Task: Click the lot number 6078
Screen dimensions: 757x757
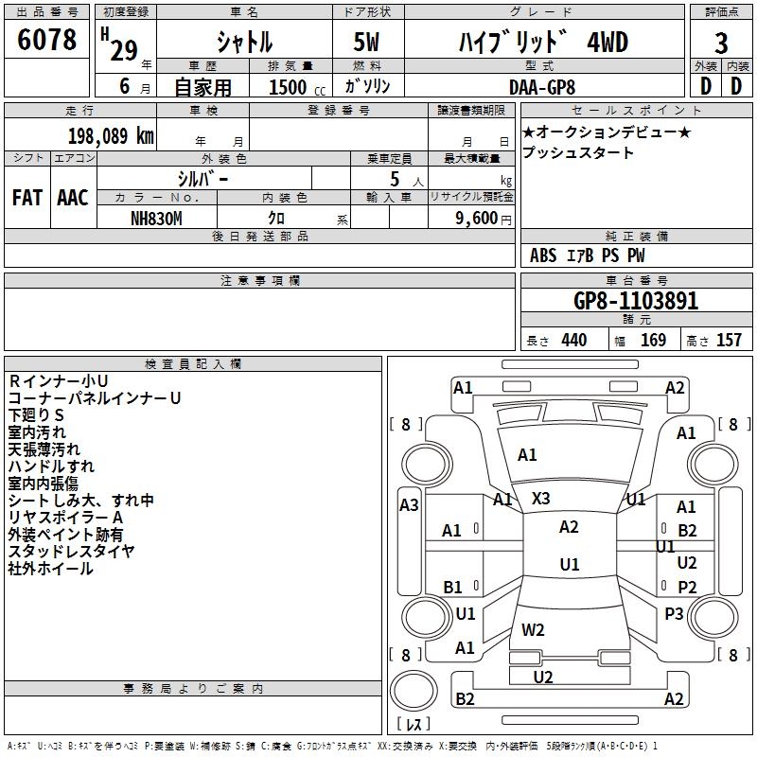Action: [x=47, y=41]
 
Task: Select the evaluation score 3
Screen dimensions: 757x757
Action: [x=721, y=44]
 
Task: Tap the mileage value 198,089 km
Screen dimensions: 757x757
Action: [x=111, y=135]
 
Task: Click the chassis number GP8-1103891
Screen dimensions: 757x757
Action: [x=636, y=301]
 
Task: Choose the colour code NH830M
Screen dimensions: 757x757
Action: [x=156, y=217]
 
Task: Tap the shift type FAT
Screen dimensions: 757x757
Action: [x=26, y=198]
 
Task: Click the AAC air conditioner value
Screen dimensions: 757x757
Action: [x=72, y=198]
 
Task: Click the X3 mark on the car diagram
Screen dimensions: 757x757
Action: [x=541, y=498]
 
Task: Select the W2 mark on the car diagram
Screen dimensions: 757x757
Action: [x=533, y=629]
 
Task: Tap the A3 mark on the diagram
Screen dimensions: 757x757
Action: [x=409, y=505]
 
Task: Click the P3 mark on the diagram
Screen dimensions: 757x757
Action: [x=674, y=613]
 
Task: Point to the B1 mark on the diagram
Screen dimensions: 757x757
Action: [x=452, y=588]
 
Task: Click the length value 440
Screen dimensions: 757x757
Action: [x=573, y=341]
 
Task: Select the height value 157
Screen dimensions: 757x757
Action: [x=729, y=341]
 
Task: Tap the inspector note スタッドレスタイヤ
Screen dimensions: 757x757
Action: [x=71, y=552]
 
